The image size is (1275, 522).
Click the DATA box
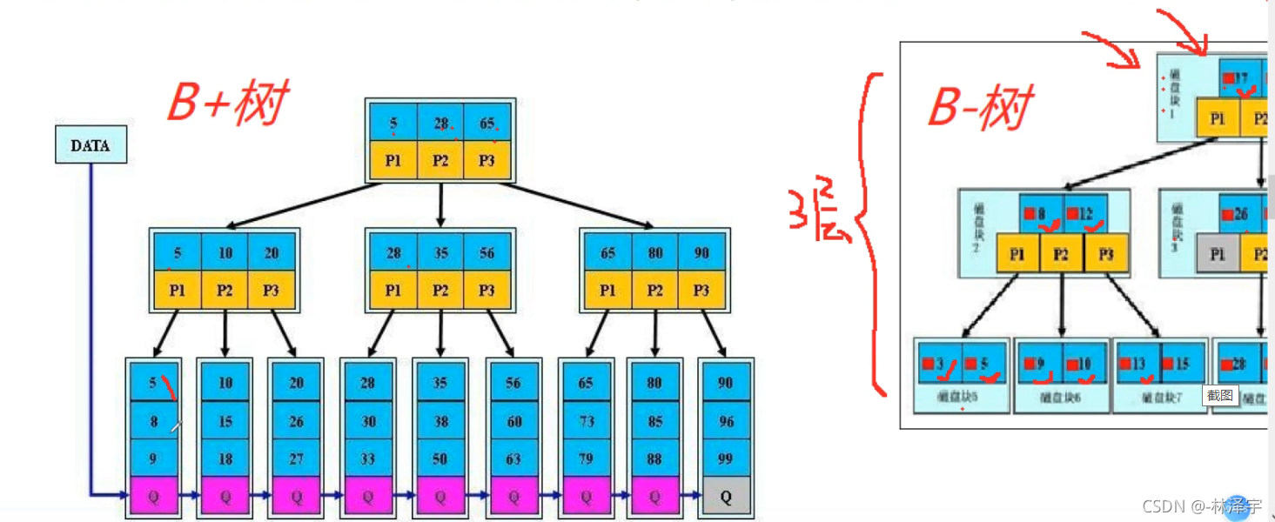pyautogui.click(x=91, y=145)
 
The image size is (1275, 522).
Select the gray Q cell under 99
pyautogui.click(x=726, y=496)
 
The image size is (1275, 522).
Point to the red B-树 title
pyautogui.click(x=981, y=108)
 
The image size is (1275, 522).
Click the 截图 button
pyautogui.click(x=1219, y=395)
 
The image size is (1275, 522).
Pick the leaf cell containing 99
pyautogui.click(x=726, y=458)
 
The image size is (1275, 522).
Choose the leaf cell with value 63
pyautogui.click(x=513, y=458)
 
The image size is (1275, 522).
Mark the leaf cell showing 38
pyautogui.click(x=440, y=421)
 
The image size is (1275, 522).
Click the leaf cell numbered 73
pyautogui.click(x=587, y=421)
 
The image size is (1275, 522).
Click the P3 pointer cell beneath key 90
pyautogui.click(x=701, y=291)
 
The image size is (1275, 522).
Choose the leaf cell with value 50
pyautogui.click(x=440, y=458)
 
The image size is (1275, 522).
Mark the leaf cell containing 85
pyautogui.click(x=654, y=421)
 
